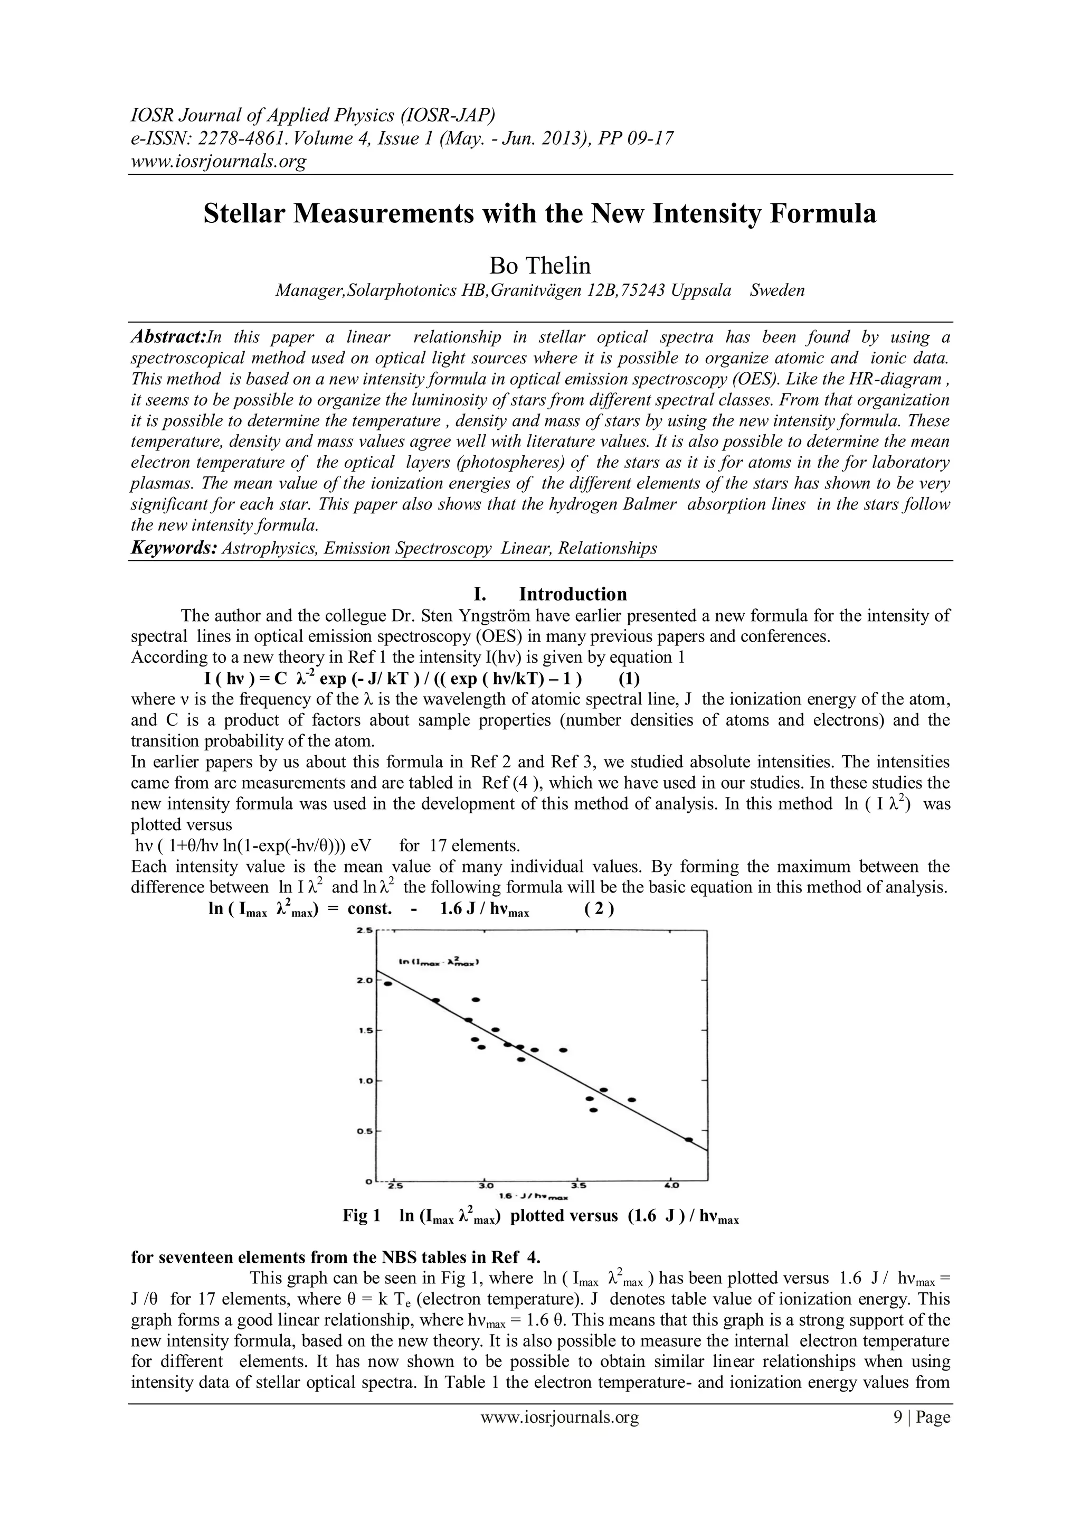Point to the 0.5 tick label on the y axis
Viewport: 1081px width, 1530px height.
coord(364,1131)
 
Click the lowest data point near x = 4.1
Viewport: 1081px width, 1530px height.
coord(689,1140)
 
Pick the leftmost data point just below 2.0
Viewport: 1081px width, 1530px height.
coord(387,983)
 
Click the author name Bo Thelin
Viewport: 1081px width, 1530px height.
coord(539,266)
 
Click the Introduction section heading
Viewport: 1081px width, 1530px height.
coord(573,594)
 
